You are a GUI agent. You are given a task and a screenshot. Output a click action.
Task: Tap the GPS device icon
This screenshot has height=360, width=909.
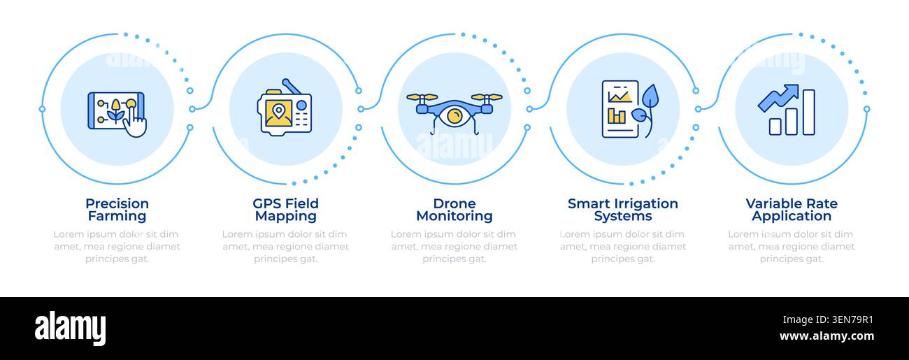(x=285, y=107)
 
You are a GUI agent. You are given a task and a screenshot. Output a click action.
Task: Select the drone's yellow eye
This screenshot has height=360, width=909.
(x=454, y=116)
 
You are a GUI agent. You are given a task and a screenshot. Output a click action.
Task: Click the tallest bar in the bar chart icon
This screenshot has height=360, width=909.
(x=809, y=113)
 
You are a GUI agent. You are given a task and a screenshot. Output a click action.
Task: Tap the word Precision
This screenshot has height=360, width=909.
(x=117, y=203)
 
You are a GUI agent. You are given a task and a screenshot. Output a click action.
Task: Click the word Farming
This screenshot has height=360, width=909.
(x=117, y=216)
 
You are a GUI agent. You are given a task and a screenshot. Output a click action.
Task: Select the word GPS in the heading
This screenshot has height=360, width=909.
(x=268, y=203)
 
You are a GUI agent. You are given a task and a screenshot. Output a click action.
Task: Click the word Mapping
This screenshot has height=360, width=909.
(x=286, y=216)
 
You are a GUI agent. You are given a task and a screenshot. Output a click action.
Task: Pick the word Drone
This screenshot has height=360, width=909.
(x=454, y=203)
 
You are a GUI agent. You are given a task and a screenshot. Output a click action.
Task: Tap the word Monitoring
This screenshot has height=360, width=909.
(x=454, y=216)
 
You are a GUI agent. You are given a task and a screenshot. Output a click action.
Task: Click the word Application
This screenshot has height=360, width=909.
(x=792, y=216)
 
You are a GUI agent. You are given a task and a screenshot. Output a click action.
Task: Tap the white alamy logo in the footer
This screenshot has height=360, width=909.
(x=70, y=328)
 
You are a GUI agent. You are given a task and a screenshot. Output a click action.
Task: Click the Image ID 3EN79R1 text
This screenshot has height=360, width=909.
(x=828, y=320)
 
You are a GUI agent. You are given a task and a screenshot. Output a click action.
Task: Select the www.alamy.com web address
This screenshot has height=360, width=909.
(x=826, y=336)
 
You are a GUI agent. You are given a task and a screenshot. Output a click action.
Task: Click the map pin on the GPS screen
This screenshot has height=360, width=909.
(x=278, y=110)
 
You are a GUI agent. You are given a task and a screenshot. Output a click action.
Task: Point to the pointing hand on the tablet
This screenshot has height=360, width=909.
(x=136, y=123)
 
